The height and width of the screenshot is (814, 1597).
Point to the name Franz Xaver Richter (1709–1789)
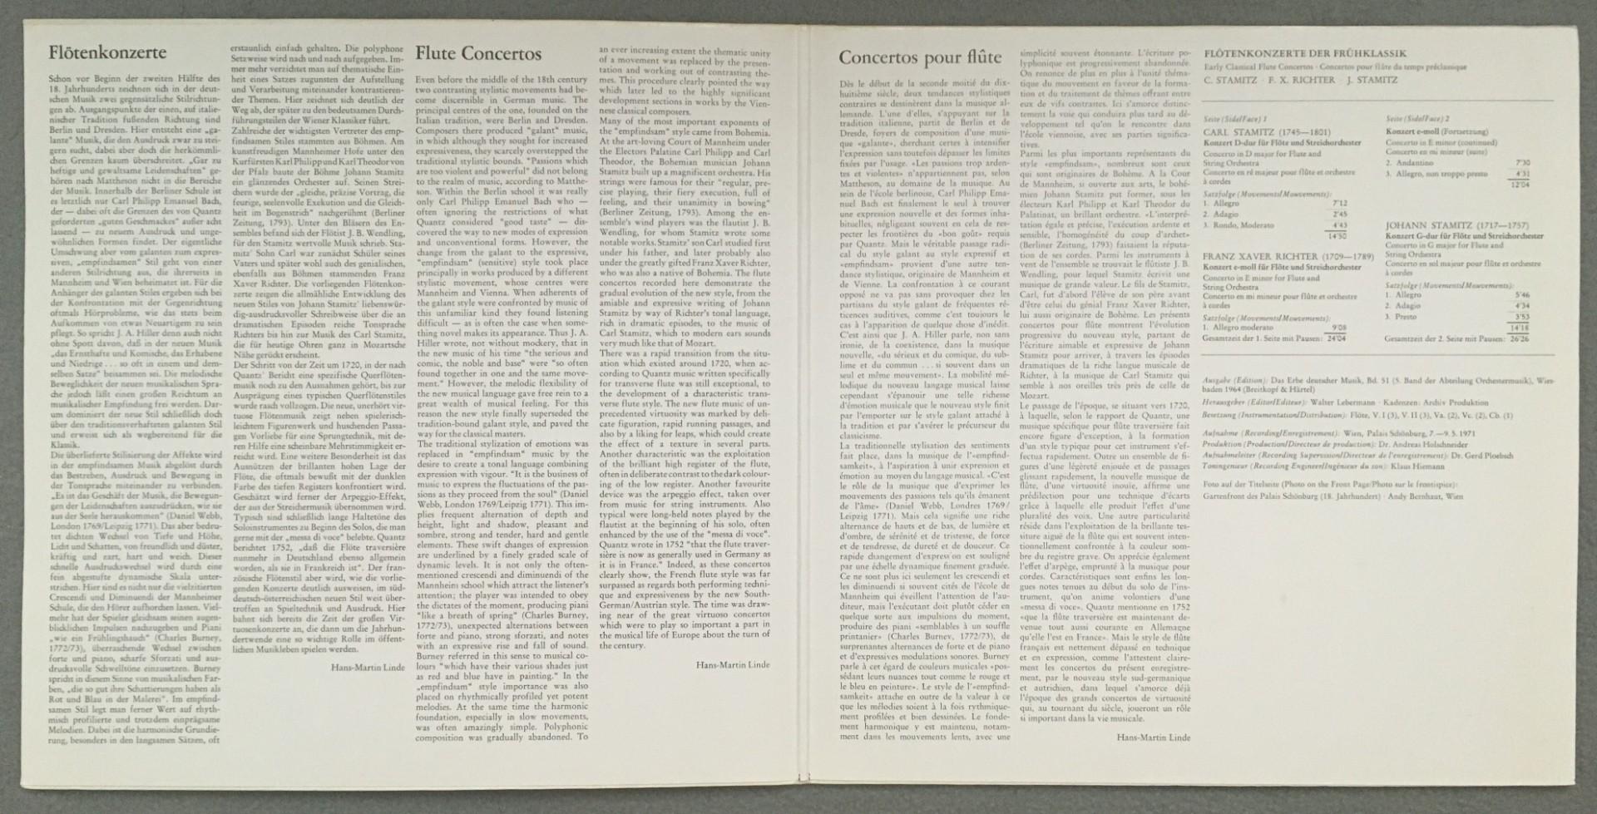(x=1284, y=256)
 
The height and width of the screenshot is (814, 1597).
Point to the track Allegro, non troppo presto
(x=1445, y=173)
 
